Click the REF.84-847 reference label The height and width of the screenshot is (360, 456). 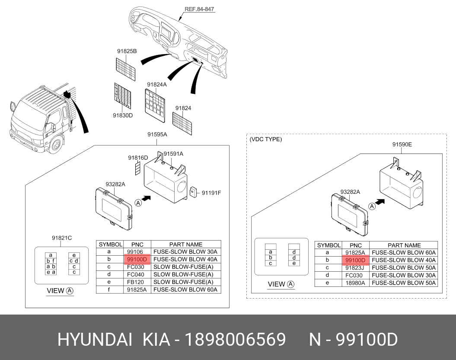coord(199,9)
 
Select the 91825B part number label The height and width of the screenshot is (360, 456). coord(127,51)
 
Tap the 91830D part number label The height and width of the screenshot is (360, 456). coord(123,116)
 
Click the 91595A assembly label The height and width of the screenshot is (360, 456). coord(157,135)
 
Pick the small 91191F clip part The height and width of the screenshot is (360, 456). coord(194,191)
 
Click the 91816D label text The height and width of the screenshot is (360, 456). coord(138,157)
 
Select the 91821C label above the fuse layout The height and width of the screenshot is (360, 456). coord(62,238)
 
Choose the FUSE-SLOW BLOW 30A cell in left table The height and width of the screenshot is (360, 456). coord(185,251)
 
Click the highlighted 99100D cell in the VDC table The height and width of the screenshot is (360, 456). coord(355,260)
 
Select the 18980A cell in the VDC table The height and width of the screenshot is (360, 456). coord(355,283)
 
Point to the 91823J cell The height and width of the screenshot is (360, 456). coord(355,268)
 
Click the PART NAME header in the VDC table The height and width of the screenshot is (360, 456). coord(404,245)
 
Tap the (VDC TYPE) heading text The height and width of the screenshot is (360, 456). coord(266,139)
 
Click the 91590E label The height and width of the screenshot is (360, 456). coord(402,145)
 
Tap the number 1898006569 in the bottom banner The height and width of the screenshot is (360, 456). coord(235,340)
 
